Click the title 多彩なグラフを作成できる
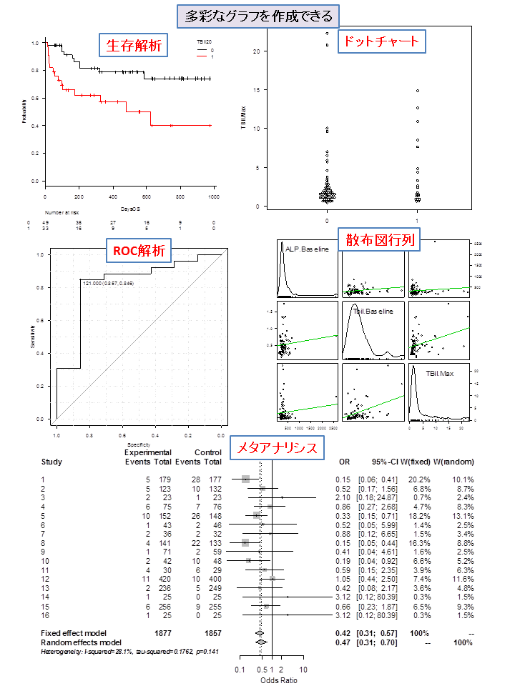[x=257, y=16]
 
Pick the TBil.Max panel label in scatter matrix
[x=441, y=374]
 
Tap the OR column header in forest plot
[x=344, y=462]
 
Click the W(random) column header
[x=454, y=462]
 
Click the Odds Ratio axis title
[x=273, y=680]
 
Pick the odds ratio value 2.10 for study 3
[x=344, y=497]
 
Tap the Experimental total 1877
[x=164, y=633]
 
